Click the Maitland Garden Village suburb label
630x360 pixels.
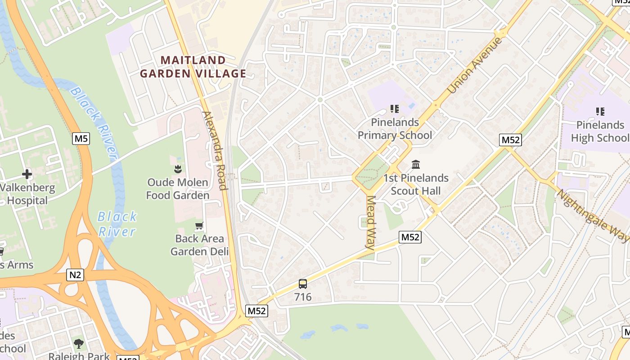tap(193, 67)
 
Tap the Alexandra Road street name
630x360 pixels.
tap(214, 150)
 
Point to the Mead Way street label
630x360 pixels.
tap(370, 222)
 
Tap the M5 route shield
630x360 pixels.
tap(81, 138)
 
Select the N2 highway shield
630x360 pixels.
tap(75, 274)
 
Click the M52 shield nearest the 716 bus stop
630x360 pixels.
tap(257, 310)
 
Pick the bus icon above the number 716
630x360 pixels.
tap(303, 284)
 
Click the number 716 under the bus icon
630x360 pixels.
tap(303, 297)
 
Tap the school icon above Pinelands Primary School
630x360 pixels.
tap(395, 108)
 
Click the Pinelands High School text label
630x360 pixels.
tap(600, 131)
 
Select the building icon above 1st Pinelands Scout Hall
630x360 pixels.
tap(415, 164)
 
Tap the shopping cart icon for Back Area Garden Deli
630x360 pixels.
tap(199, 225)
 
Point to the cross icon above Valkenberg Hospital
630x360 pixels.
tap(27, 174)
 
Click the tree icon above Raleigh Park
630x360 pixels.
tap(79, 344)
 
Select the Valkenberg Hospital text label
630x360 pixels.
tap(27, 194)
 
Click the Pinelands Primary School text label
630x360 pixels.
tap(395, 129)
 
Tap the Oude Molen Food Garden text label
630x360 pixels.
tap(178, 189)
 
